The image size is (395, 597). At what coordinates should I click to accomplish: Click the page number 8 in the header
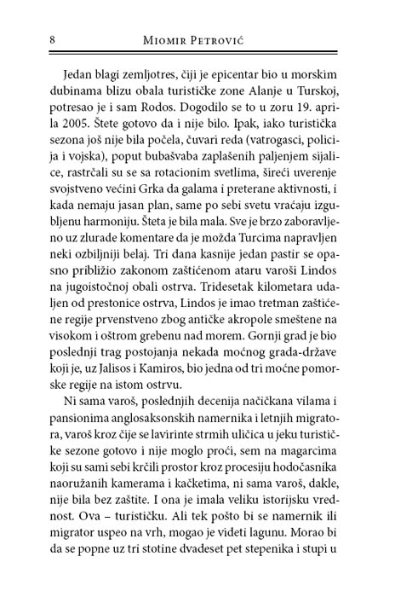coord(31,40)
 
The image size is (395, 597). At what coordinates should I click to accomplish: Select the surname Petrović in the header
coord(225,40)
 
